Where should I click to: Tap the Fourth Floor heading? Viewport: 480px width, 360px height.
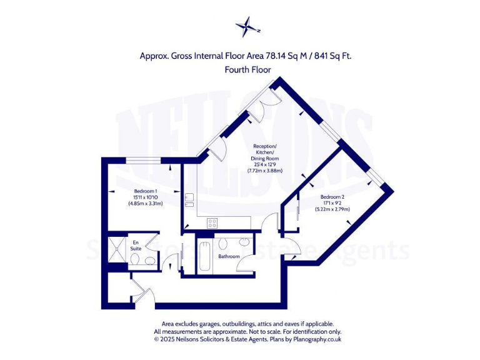(x=247, y=70)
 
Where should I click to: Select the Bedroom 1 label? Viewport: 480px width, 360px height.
(x=145, y=191)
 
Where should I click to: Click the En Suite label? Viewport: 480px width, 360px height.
(x=136, y=244)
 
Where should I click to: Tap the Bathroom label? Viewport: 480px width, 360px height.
(x=229, y=256)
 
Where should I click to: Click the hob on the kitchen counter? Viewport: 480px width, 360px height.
(x=212, y=222)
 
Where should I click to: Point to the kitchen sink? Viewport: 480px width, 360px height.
(x=189, y=200)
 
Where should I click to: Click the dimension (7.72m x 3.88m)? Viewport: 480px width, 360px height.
(x=265, y=171)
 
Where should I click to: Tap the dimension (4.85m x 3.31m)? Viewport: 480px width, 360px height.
(x=145, y=203)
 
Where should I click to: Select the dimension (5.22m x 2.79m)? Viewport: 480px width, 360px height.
(x=332, y=209)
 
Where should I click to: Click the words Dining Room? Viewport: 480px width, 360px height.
(x=266, y=159)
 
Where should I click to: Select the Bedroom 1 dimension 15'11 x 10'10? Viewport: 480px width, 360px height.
(x=145, y=197)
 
